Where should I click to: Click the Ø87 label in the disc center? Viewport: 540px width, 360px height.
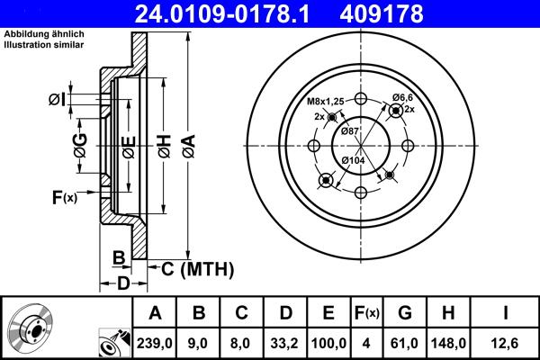point(352,131)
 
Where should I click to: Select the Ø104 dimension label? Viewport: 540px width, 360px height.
point(355,159)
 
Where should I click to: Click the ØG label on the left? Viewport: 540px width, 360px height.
point(80,145)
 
